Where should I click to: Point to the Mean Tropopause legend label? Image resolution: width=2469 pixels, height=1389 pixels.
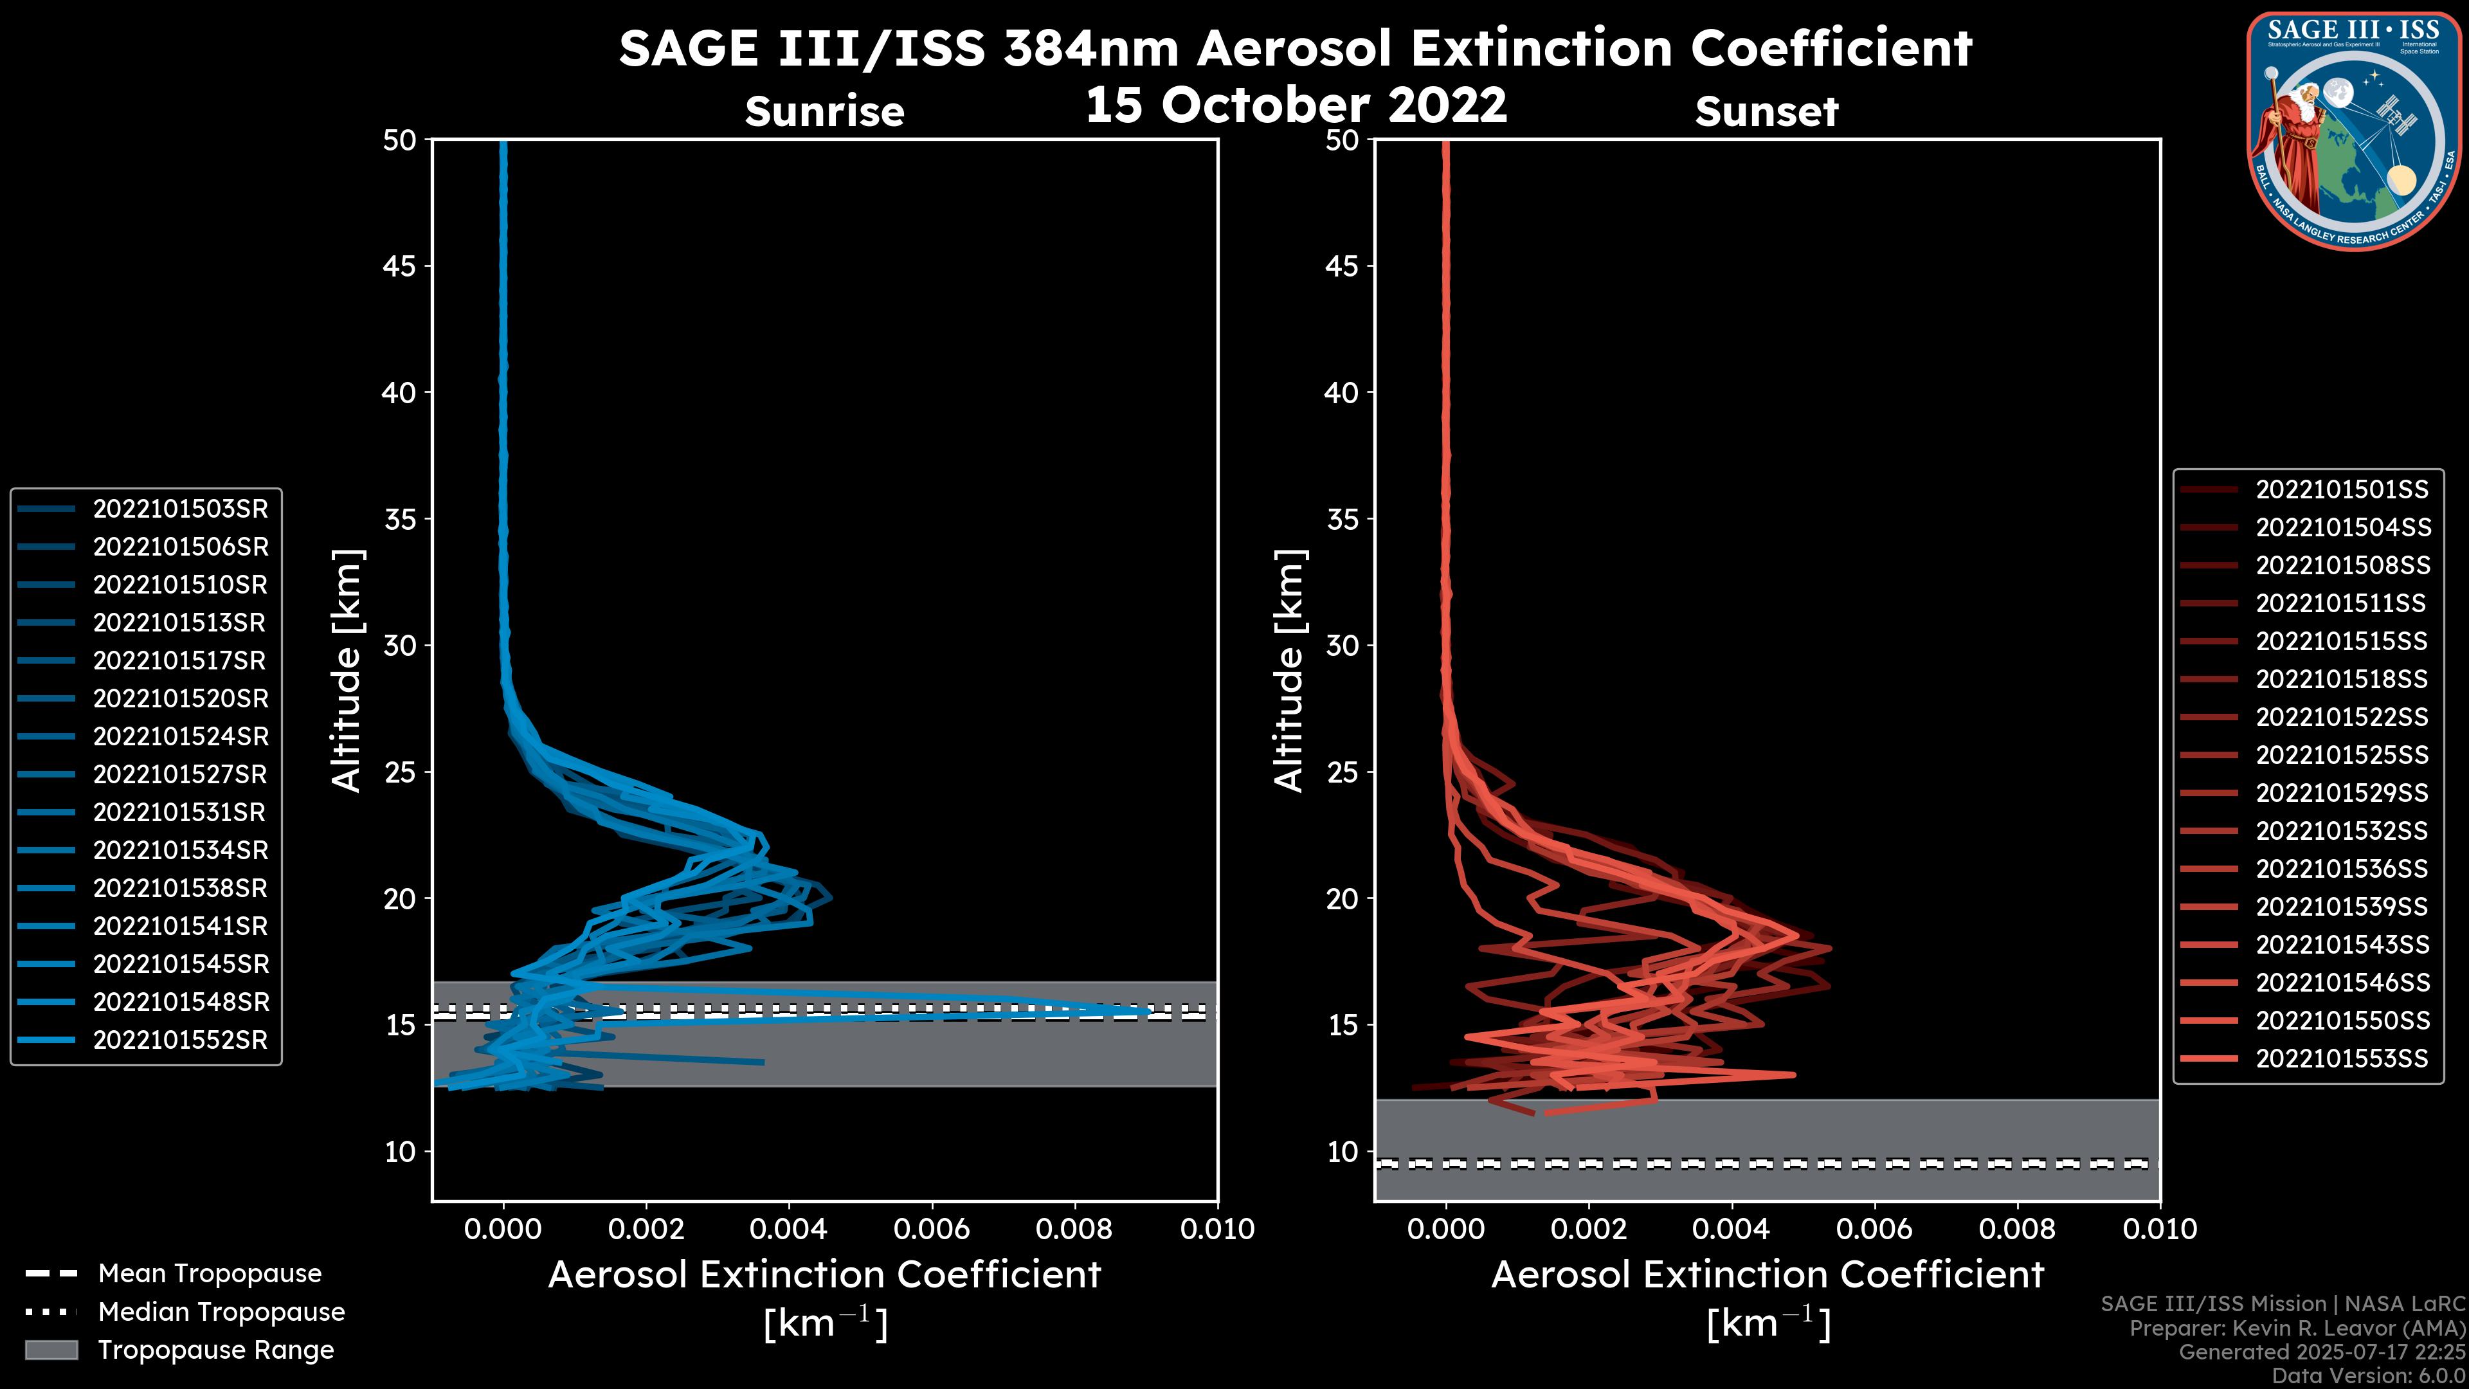tap(210, 1274)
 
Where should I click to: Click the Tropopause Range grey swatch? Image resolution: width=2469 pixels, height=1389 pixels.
tap(51, 1350)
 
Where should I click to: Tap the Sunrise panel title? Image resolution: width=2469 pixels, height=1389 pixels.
tap(824, 112)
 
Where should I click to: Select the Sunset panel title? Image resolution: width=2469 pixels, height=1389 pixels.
tap(1766, 112)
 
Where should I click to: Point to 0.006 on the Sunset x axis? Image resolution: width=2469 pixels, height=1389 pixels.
tap(1875, 1229)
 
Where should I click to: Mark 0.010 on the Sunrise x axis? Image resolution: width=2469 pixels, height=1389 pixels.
tap(1216, 1229)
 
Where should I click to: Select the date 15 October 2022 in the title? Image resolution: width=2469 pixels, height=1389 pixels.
tap(1296, 104)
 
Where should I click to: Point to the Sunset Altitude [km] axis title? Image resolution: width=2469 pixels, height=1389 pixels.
tap(1290, 670)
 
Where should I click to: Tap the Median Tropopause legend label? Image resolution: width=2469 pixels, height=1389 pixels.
tap(221, 1312)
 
